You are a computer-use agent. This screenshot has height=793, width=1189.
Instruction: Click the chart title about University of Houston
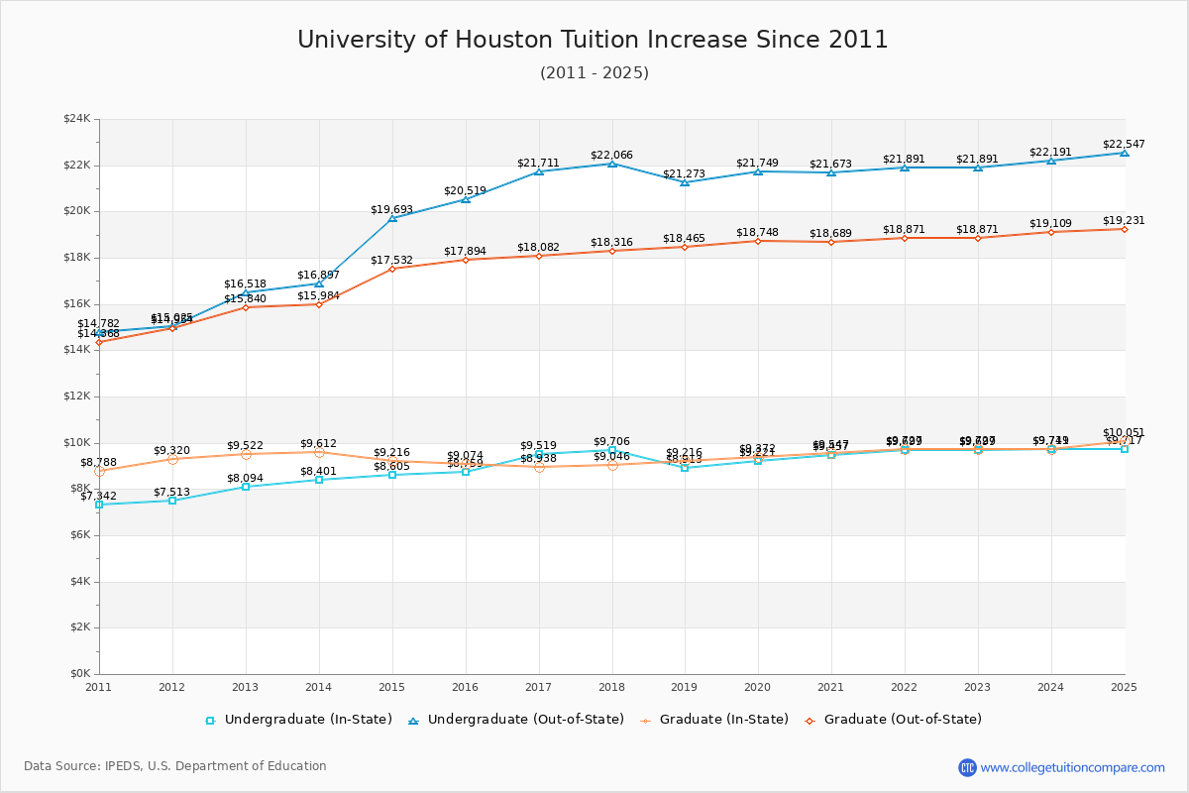click(x=593, y=40)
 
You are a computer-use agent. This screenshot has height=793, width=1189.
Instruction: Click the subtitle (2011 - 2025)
click(x=594, y=73)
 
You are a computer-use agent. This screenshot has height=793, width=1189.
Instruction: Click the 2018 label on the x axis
click(x=611, y=686)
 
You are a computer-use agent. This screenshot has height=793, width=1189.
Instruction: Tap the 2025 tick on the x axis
click(x=1124, y=686)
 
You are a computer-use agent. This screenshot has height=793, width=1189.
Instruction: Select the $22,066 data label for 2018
click(x=611, y=156)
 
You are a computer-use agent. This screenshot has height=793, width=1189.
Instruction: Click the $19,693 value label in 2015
click(x=391, y=209)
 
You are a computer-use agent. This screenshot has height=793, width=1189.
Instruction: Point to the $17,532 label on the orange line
click(x=391, y=261)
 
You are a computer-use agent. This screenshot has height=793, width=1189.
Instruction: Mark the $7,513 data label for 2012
click(x=171, y=493)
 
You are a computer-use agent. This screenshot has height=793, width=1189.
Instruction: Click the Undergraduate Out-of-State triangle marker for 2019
click(x=685, y=182)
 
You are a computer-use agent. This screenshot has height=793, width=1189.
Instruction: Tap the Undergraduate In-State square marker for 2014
click(x=319, y=480)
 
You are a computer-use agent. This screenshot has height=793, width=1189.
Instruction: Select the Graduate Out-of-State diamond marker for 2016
click(x=465, y=260)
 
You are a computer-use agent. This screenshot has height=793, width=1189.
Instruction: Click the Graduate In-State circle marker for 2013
click(x=246, y=454)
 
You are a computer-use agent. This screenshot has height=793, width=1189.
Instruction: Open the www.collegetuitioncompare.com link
click(x=1072, y=767)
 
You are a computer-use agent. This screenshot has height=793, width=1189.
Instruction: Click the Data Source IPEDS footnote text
click(x=175, y=766)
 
